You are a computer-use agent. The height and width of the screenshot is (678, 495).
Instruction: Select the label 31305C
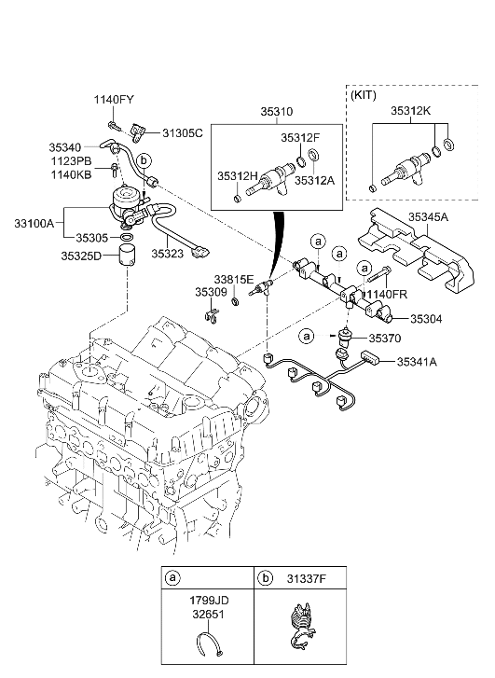(181, 132)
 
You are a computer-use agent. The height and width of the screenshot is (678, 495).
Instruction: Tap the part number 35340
(67, 146)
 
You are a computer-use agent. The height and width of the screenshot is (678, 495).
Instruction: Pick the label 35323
(169, 253)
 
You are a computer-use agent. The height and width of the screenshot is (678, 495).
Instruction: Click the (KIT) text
(364, 95)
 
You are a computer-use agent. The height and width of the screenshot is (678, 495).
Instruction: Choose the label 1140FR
(385, 294)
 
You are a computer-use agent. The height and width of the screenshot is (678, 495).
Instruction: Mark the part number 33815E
(233, 278)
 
